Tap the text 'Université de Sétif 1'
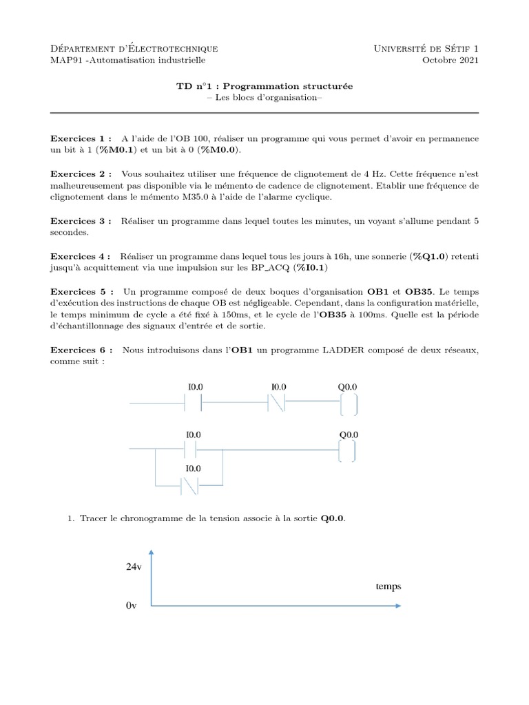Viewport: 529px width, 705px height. (426, 48)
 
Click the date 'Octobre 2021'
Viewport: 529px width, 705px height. (450, 61)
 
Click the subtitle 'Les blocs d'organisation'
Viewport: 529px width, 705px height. (264, 98)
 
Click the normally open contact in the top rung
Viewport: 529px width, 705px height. (194, 403)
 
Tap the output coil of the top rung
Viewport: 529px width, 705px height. (349, 404)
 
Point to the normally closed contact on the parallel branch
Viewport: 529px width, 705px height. (189, 485)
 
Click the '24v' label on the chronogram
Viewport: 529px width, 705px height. (134, 567)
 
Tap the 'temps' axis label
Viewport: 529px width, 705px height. (388, 587)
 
